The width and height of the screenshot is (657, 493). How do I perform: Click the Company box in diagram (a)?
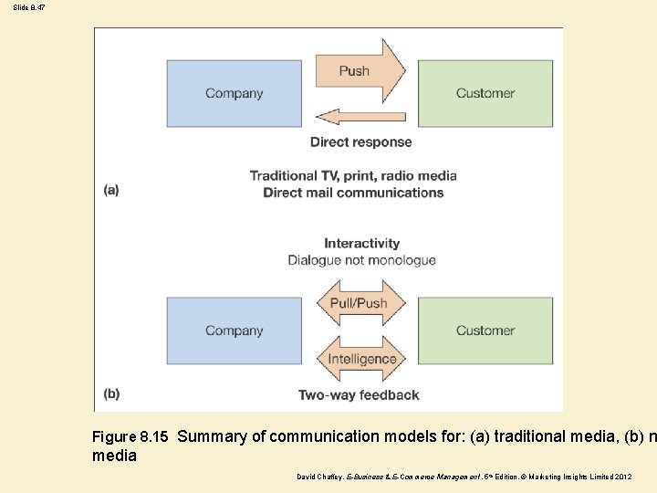pos(234,93)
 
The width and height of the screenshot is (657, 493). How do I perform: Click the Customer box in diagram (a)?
pos(485,93)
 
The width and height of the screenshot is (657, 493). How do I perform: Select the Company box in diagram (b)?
pos(234,330)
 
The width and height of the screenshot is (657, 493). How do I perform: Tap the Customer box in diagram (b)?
pos(485,330)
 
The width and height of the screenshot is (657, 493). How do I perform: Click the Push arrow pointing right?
pos(359,71)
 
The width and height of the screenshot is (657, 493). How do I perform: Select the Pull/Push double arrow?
pos(360,303)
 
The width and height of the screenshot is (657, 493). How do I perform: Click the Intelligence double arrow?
pos(361,359)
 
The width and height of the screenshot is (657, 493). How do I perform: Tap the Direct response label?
pos(360,142)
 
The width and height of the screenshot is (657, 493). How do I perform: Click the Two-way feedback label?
pos(359,395)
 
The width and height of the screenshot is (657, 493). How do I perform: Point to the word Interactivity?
pos(361,243)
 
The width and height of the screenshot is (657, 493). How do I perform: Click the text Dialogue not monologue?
pos(361,260)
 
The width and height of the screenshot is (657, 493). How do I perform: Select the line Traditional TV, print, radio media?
pos(353,175)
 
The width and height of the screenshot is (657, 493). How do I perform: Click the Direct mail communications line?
pos(353,193)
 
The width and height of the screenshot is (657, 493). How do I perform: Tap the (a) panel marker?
pos(111,190)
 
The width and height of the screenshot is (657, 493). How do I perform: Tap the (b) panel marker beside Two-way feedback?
pos(111,394)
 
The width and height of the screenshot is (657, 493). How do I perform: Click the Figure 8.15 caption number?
pos(130,437)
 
